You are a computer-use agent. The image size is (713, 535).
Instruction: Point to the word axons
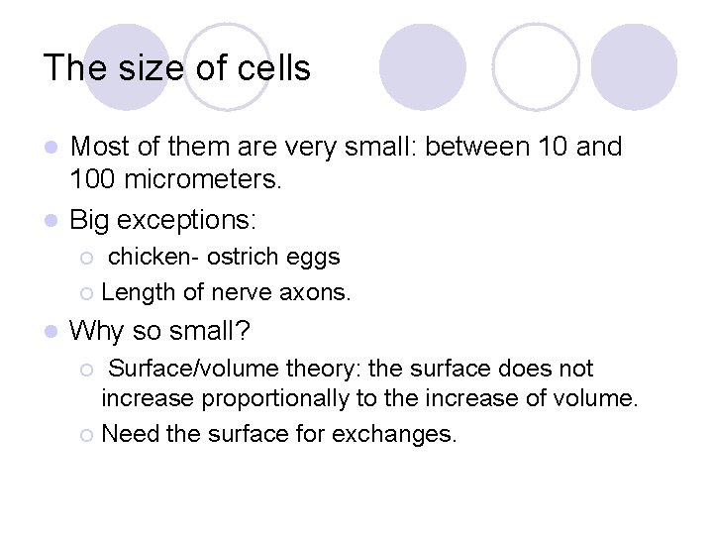coord(318,292)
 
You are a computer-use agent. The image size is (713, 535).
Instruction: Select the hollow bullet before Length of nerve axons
coord(88,293)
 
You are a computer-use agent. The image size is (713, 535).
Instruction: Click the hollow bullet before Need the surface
coord(88,434)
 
